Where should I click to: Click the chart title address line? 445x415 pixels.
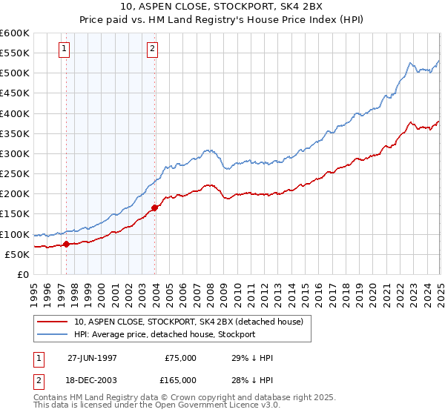[x=222, y=7]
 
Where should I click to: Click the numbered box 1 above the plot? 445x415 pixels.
[x=65, y=50]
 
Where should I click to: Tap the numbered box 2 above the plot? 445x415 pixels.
[x=152, y=50]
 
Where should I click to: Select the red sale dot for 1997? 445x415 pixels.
[x=66, y=244]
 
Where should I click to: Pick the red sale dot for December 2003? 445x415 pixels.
[x=155, y=207]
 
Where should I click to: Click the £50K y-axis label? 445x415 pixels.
[x=17, y=254]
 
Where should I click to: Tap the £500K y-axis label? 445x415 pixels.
[x=15, y=73]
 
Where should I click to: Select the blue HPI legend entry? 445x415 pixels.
[x=164, y=334]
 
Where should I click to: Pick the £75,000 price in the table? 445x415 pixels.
[x=180, y=357]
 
